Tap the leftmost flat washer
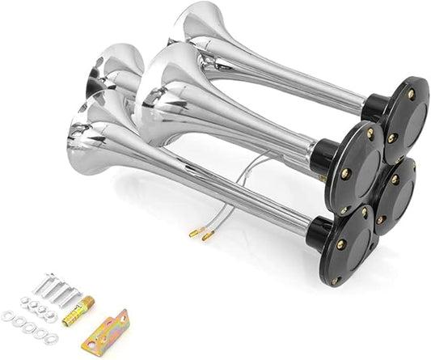tap(8, 316)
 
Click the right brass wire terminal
tap(208, 237)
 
